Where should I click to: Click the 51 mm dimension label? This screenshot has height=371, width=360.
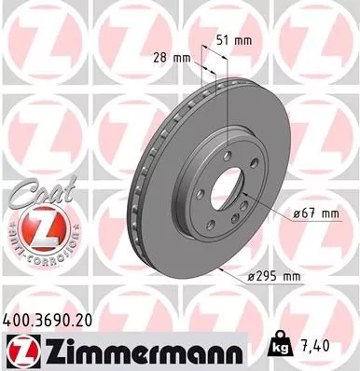point(235,40)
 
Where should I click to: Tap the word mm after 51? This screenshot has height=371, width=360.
point(245,40)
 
